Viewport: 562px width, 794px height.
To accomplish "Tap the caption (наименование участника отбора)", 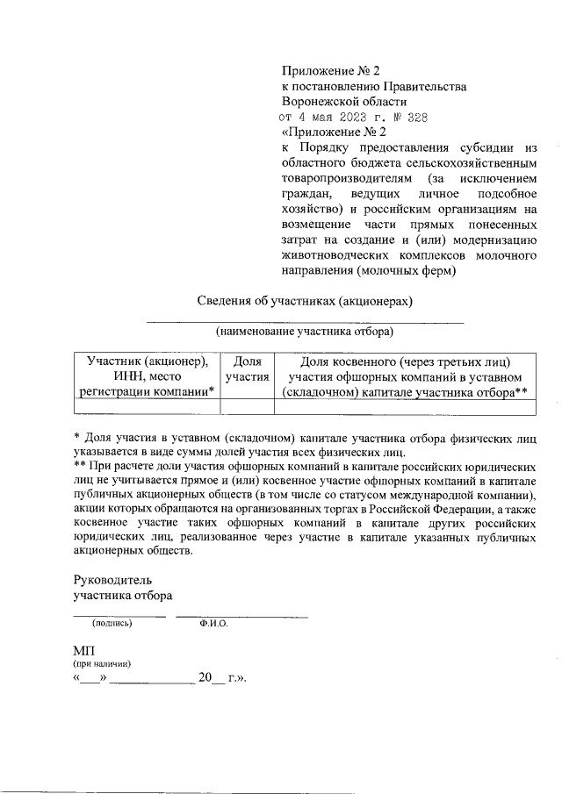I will click(x=305, y=332).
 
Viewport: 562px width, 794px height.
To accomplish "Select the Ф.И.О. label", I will click(x=213, y=624).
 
